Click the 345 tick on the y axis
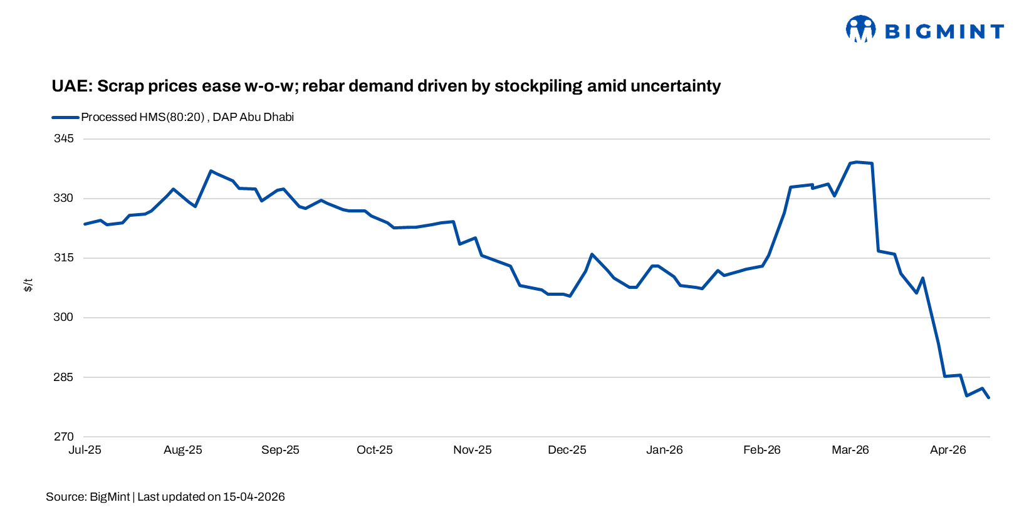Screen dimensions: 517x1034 (x=63, y=138)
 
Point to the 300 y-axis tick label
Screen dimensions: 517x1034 (x=63, y=317)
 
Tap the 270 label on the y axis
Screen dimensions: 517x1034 (x=63, y=437)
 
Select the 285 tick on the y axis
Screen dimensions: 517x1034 (x=63, y=377)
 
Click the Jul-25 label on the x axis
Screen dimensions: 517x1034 (x=85, y=450)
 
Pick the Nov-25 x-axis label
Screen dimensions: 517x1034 (x=473, y=450)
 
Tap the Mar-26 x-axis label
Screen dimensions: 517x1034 (x=850, y=450)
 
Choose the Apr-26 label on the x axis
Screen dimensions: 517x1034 (x=948, y=450)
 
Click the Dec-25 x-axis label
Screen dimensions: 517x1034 (x=567, y=450)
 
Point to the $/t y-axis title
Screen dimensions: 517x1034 (x=28, y=285)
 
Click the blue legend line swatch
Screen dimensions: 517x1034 (x=65, y=117)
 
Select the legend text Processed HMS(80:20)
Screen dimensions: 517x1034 (x=143, y=117)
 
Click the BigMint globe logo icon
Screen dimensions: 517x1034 (x=860, y=29)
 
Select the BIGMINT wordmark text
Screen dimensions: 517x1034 (x=944, y=31)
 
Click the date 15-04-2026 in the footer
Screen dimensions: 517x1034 (x=254, y=497)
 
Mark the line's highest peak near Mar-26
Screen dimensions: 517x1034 (x=857, y=162)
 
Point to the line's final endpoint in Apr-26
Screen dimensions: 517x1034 (x=989, y=398)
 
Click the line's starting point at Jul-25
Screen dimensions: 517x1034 (x=85, y=224)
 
